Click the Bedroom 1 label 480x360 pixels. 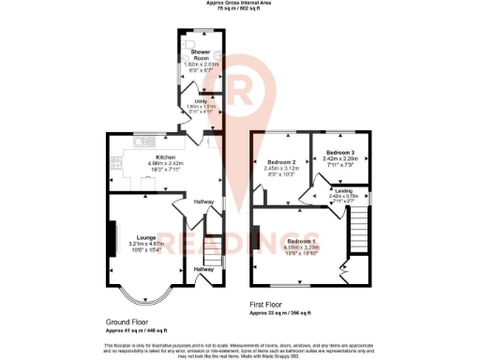click(301, 241)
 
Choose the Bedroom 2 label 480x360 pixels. click(281, 161)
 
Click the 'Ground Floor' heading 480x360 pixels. click(125, 322)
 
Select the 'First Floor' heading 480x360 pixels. click(268, 305)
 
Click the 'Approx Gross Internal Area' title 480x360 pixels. click(239, 4)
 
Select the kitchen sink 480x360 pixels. click(143, 142)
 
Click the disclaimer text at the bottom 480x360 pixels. click(239, 348)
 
